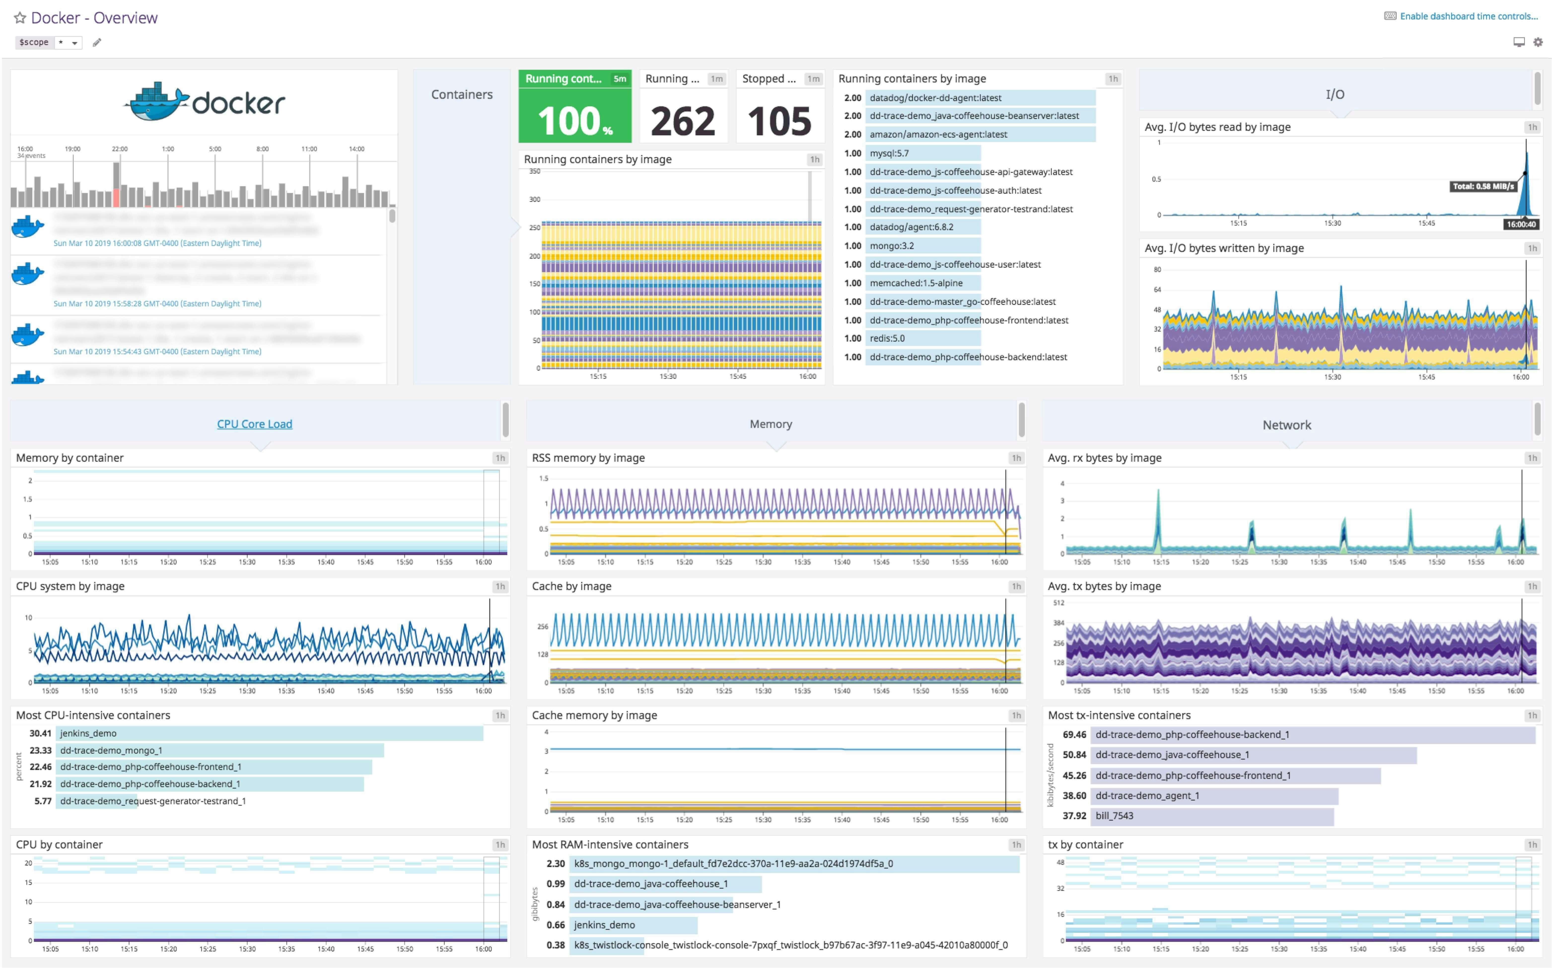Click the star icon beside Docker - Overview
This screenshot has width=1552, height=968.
pyautogui.click(x=20, y=18)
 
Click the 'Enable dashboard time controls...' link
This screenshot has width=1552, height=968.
pyautogui.click(x=1468, y=16)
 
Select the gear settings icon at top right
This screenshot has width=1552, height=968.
pyautogui.click(x=1537, y=42)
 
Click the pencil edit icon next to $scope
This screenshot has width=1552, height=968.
pyautogui.click(x=97, y=42)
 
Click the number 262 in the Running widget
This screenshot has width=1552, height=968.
pyautogui.click(x=682, y=121)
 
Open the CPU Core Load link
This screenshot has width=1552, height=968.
pyautogui.click(x=254, y=424)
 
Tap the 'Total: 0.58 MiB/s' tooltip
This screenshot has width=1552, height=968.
pyautogui.click(x=1483, y=186)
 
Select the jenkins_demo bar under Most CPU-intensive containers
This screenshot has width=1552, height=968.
pyautogui.click(x=269, y=733)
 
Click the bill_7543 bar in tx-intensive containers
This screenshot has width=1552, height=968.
pyautogui.click(x=1212, y=816)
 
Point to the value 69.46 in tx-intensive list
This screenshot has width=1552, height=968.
pyautogui.click(x=1074, y=734)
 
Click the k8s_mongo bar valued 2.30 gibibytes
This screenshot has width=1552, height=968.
pyautogui.click(x=794, y=864)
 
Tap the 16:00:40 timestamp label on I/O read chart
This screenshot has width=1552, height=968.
pyautogui.click(x=1521, y=224)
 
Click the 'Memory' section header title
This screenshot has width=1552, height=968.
pyautogui.click(x=770, y=424)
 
